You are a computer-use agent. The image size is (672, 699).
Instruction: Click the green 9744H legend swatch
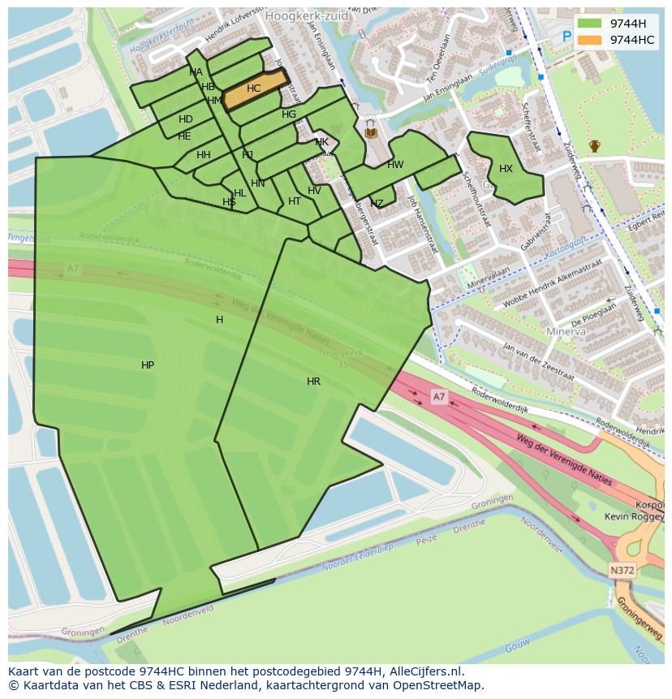coord(590,23)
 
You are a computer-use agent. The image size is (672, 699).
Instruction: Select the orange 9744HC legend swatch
coord(590,40)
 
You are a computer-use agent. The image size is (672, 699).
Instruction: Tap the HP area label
coord(148,365)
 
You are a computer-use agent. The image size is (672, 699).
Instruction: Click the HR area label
coord(313,381)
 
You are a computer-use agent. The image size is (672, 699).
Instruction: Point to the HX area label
coord(506,169)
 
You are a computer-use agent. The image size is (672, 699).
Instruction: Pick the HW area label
coord(395,165)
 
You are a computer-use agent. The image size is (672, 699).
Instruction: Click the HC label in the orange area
coord(254,88)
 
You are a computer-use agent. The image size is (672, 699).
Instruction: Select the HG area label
coord(289,114)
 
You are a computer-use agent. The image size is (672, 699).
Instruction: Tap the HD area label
coord(186,119)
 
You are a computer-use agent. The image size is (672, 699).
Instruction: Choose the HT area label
coord(295,201)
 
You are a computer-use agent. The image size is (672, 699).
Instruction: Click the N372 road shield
coord(622,571)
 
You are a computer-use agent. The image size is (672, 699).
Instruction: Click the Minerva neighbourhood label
coord(566,332)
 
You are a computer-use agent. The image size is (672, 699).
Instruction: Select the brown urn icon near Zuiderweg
coord(595,146)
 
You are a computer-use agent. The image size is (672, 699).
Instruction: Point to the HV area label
coord(315,191)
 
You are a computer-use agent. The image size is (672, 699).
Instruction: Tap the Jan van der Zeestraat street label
coord(538,363)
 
